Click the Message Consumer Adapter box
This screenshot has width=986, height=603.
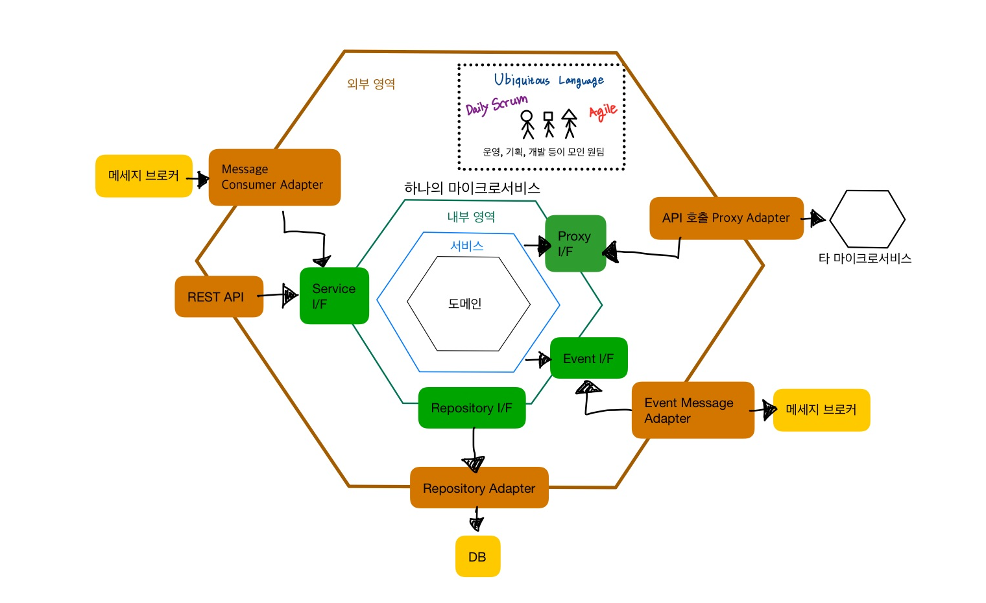274,177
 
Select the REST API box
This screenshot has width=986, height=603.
219,296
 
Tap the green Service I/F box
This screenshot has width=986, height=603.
334,296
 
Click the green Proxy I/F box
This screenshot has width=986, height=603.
575,243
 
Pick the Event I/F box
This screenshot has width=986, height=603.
589,358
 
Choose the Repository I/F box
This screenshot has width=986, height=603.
472,408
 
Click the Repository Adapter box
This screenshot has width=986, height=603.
479,488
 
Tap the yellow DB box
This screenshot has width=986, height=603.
477,556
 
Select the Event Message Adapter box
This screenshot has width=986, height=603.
693,410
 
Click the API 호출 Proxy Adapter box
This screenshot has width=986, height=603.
727,218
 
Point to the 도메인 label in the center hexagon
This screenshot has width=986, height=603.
465,303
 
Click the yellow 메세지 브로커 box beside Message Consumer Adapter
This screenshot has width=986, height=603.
144,176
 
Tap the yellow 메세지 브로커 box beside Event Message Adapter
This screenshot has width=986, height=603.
821,410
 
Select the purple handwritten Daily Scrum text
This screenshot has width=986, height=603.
496,106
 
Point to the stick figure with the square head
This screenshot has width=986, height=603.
548,124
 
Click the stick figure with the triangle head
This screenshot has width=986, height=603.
569,124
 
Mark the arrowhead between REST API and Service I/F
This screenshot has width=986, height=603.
289,295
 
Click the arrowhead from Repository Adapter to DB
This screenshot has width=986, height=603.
476,524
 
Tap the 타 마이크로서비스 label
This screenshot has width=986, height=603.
865,258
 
